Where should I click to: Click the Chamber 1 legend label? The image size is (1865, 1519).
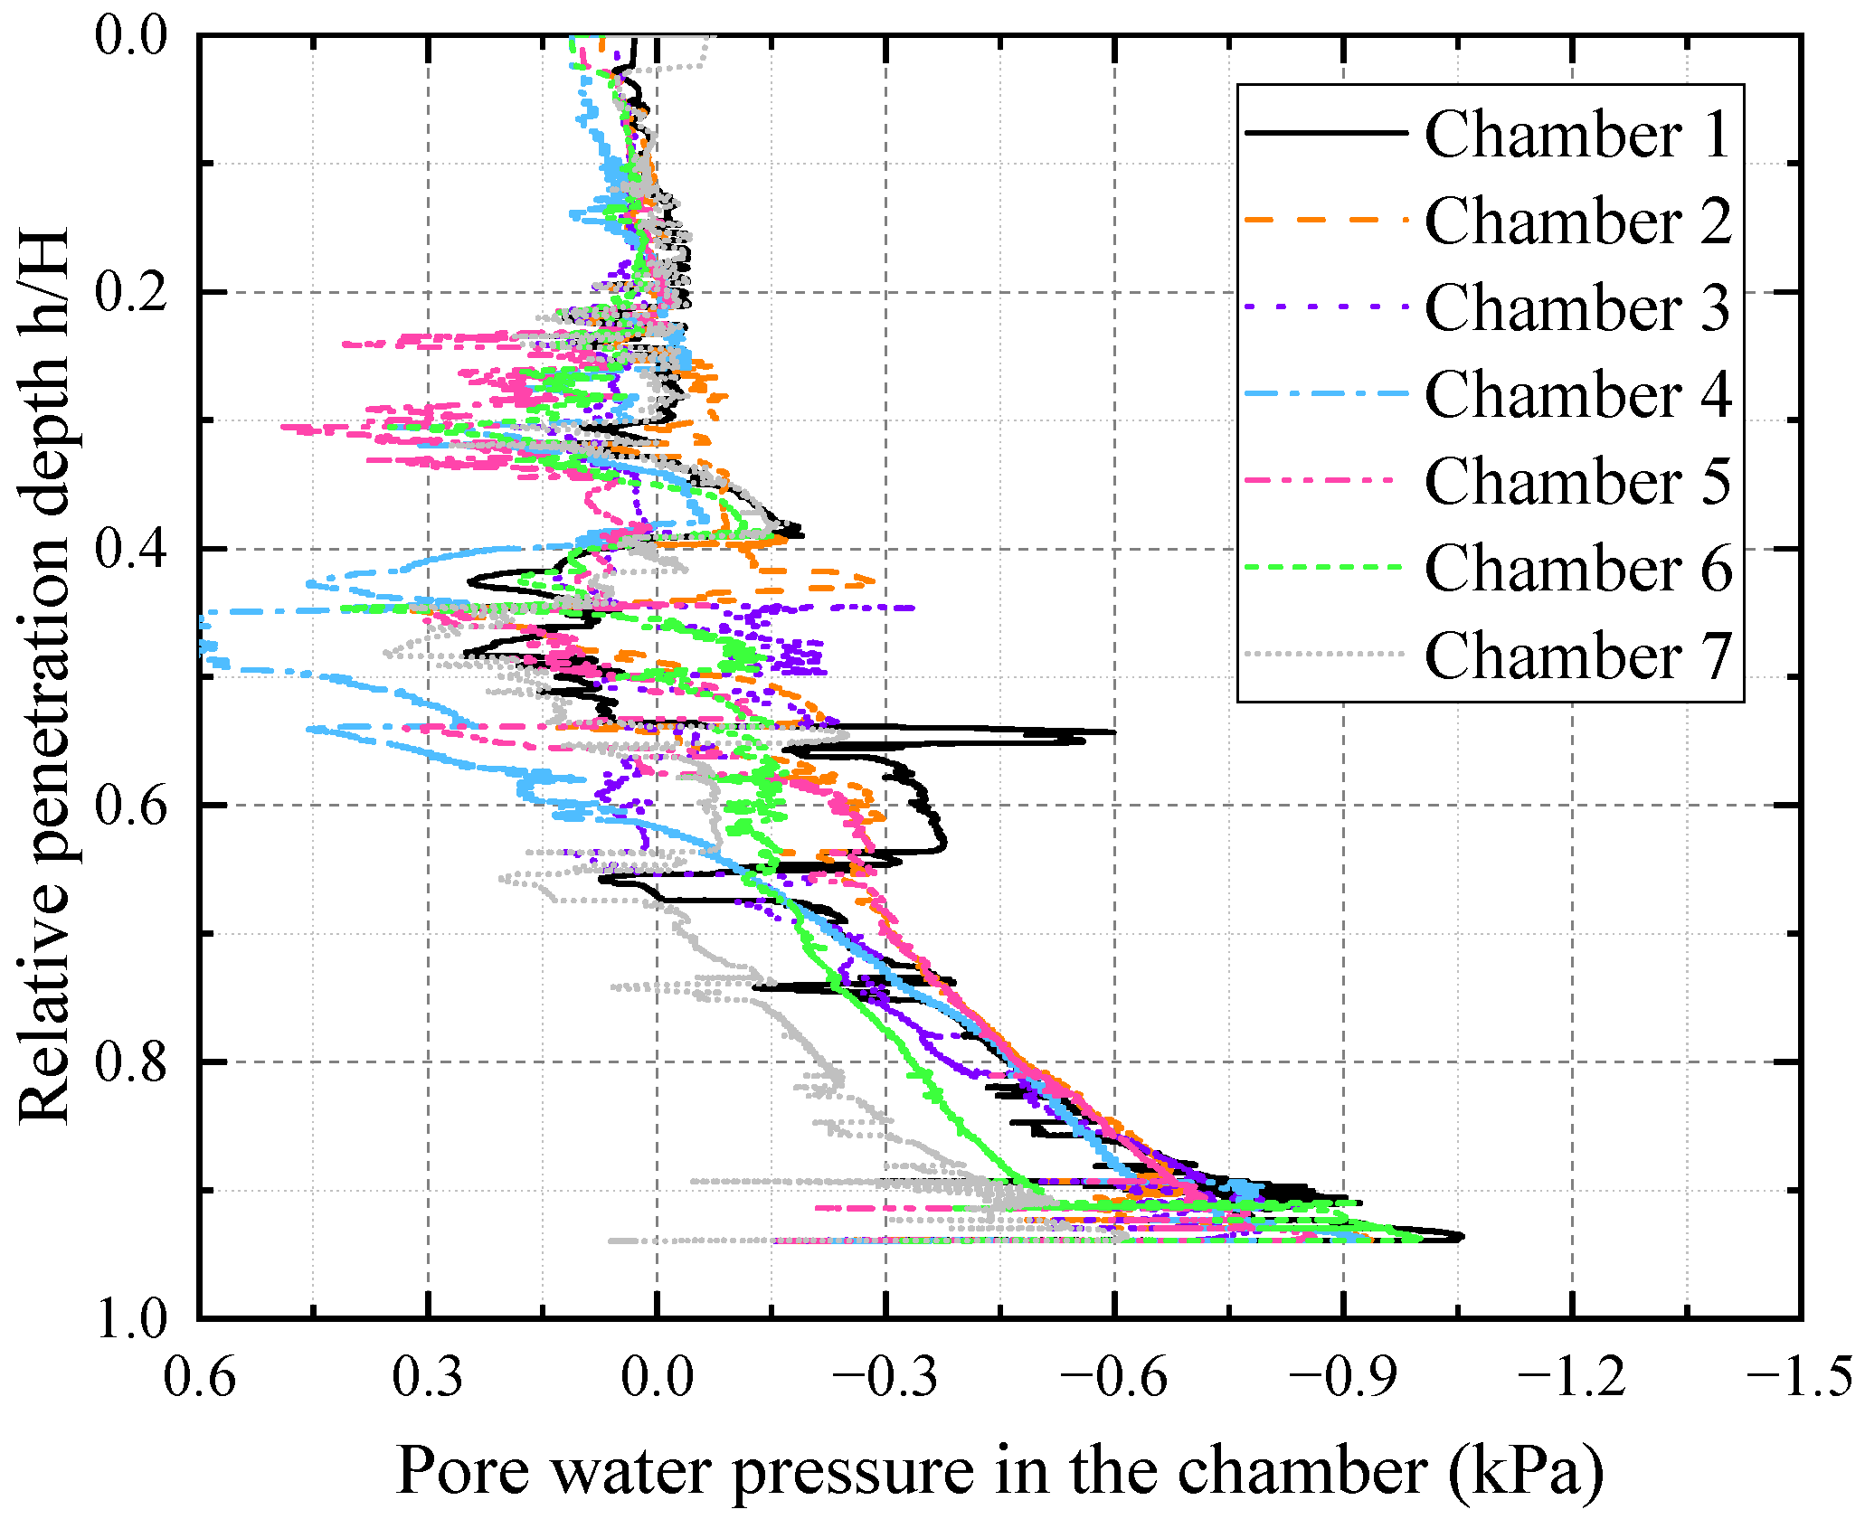point(1577,135)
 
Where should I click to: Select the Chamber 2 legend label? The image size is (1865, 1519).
point(1577,222)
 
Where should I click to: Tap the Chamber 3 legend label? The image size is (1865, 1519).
point(1577,308)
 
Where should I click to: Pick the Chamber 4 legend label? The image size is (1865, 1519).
point(1577,395)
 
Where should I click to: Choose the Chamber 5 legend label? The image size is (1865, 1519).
point(1577,482)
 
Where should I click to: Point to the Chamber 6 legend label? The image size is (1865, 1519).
point(1577,569)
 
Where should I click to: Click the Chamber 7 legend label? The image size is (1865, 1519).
point(1577,656)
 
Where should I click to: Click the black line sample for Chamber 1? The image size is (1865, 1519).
point(1326,133)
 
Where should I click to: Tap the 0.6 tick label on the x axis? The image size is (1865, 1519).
point(200,1378)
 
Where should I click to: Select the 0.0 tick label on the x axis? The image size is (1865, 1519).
point(658,1378)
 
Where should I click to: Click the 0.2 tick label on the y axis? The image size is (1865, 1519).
point(132,293)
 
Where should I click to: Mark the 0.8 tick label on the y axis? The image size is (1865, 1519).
point(132,1062)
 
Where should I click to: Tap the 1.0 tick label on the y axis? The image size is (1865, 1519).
point(132,1319)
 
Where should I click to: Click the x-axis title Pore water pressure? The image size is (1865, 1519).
point(999,1469)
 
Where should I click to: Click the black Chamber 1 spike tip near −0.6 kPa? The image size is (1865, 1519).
point(1113,732)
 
